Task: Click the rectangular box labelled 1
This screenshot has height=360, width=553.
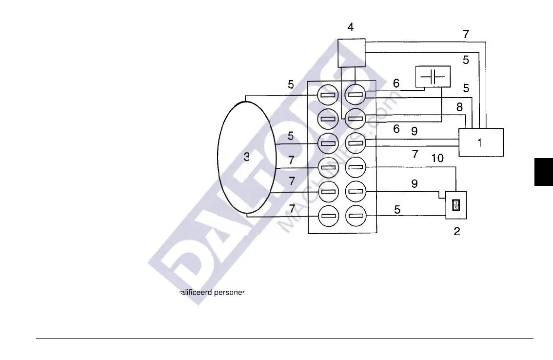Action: tap(481, 142)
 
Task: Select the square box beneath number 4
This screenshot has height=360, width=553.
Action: tap(352, 53)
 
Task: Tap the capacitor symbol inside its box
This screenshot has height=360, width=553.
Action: tap(433, 77)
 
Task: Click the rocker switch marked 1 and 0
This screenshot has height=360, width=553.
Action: tap(456, 204)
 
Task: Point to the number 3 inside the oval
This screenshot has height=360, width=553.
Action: tap(247, 157)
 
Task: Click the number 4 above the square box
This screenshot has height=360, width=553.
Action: tap(351, 27)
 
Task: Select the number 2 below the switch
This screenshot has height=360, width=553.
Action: tap(457, 232)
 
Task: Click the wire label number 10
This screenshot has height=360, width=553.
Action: tap(437, 158)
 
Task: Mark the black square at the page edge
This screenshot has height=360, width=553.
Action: tap(544, 171)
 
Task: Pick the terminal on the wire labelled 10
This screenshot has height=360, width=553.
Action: tap(355, 167)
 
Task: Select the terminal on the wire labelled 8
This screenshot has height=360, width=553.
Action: tap(355, 118)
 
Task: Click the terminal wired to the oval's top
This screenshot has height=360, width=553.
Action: tap(328, 94)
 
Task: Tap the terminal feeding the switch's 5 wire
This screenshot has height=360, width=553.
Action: tap(355, 215)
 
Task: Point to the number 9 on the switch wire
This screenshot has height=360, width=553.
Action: tap(414, 184)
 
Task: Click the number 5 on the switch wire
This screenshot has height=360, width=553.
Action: tap(397, 210)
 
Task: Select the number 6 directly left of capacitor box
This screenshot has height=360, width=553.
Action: tap(396, 84)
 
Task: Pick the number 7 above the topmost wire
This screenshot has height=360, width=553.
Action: tap(466, 34)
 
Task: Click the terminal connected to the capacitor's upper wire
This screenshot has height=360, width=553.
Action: tap(355, 94)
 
